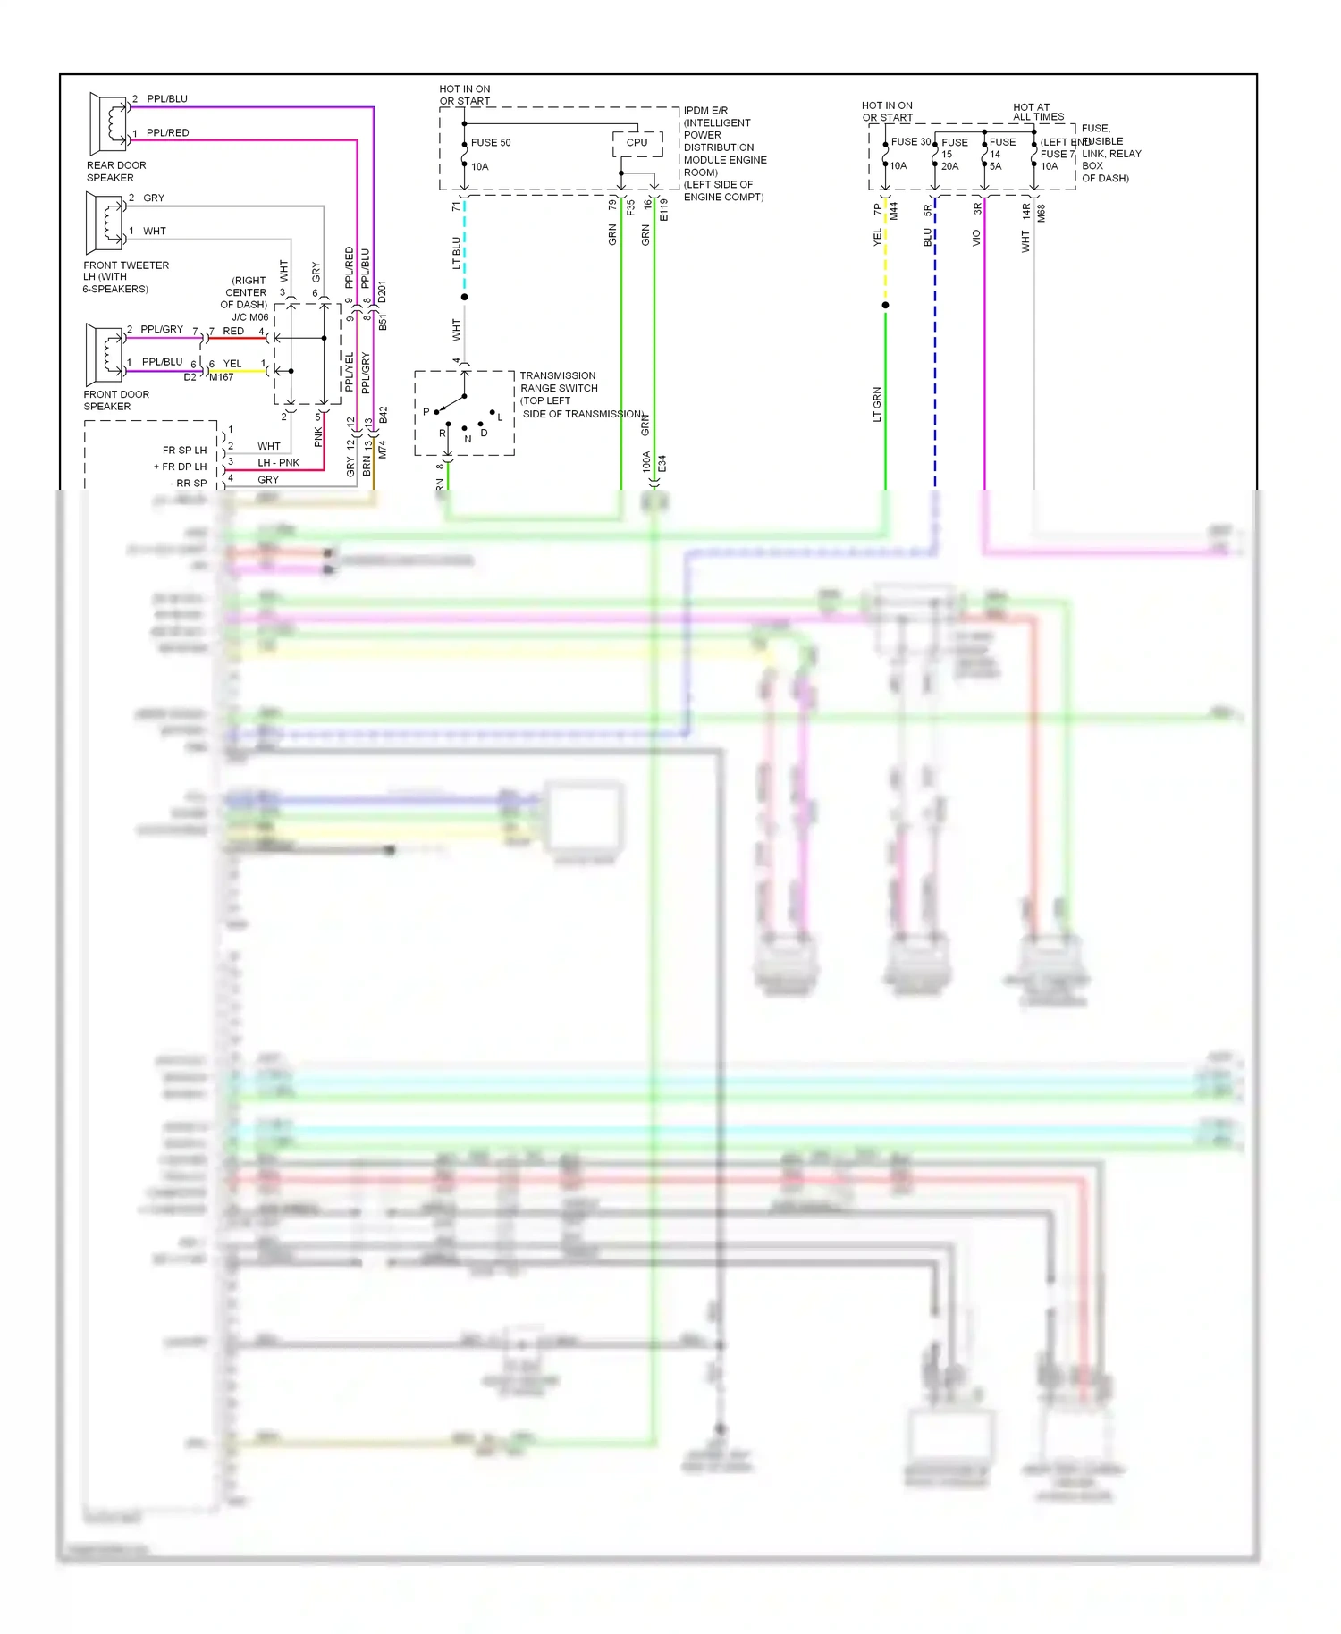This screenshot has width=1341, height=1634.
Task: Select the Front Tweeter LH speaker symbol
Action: click(105, 223)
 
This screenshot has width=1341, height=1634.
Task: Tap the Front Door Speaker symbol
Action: click(105, 354)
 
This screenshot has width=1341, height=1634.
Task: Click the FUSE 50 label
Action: click(490, 143)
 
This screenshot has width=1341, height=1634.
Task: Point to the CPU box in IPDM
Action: click(637, 143)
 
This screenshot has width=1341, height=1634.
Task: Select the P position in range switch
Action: click(427, 412)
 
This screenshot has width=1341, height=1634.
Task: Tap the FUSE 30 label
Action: click(910, 142)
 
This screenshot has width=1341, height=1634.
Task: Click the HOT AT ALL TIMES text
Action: click(1037, 112)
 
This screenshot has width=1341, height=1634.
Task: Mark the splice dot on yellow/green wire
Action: click(885, 306)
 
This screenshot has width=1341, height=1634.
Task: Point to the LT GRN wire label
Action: click(877, 404)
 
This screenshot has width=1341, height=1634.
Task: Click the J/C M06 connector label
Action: click(250, 317)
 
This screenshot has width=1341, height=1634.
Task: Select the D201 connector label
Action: click(382, 292)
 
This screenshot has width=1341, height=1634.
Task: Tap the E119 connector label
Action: click(663, 210)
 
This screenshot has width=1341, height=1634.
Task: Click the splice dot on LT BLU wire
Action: click(464, 297)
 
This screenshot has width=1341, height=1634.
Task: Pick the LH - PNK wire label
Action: click(278, 463)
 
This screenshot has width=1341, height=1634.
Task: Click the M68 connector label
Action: click(1042, 214)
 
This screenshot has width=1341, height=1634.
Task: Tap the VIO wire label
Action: click(976, 238)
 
